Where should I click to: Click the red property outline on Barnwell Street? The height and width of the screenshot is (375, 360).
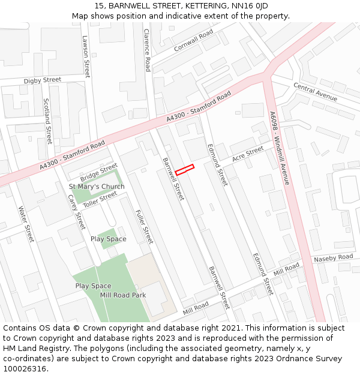click(185, 170)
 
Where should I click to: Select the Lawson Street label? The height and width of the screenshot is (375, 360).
click(86, 56)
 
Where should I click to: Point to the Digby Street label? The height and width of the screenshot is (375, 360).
click(43, 80)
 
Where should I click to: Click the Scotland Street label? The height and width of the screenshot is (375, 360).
click(47, 121)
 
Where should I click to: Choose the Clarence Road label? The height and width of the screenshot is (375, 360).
click(146, 50)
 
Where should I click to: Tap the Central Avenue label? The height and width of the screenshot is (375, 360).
click(315, 92)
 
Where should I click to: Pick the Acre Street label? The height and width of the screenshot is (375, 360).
click(248, 154)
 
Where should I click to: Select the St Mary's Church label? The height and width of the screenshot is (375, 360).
click(97, 187)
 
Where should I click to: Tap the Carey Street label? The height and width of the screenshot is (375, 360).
click(76, 212)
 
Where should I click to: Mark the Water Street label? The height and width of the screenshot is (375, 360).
click(26, 224)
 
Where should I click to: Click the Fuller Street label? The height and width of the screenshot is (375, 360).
click(145, 227)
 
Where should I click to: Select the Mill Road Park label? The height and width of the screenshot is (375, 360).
click(123, 295)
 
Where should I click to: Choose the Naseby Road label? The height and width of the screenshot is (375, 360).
click(333, 258)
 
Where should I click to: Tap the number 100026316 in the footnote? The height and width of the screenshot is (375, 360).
click(25, 368)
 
